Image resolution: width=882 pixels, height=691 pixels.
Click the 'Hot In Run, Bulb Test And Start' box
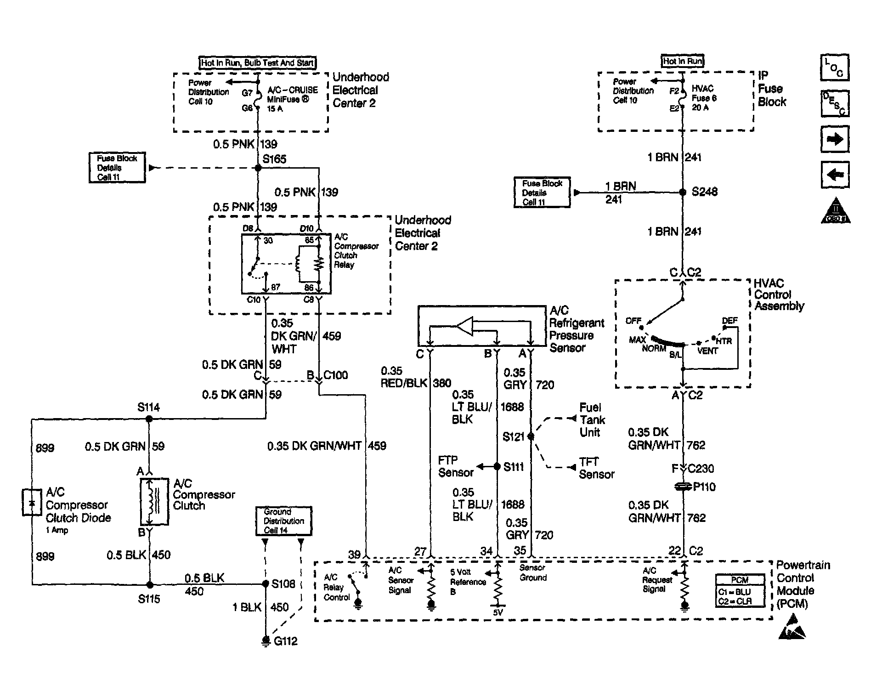click(x=257, y=63)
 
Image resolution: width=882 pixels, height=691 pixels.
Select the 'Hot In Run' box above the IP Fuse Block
click(x=683, y=61)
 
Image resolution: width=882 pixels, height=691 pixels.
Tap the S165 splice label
click(x=274, y=159)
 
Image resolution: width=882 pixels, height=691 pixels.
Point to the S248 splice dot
click(x=683, y=193)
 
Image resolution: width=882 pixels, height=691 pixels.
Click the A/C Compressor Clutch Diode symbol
click(x=32, y=503)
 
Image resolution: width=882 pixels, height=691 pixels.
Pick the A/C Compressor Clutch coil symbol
click(x=154, y=502)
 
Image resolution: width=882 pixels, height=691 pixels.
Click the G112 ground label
click(x=285, y=641)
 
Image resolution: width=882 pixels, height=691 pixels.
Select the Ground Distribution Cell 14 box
click(x=283, y=521)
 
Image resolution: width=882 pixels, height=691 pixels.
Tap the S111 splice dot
click(x=497, y=467)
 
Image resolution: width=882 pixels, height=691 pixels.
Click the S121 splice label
click(x=513, y=436)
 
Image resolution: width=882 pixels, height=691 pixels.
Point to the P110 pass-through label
click(x=704, y=487)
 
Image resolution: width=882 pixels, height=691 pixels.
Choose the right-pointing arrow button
click(x=835, y=139)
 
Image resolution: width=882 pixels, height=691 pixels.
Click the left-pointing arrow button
click(x=835, y=175)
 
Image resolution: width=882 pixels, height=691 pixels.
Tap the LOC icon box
click(x=835, y=68)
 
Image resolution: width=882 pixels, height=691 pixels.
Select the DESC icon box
click(x=835, y=103)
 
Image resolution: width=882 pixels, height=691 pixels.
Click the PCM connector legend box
click(x=740, y=590)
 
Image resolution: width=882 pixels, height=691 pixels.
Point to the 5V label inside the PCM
click(x=498, y=612)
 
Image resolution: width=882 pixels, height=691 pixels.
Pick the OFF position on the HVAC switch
click(x=633, y=321)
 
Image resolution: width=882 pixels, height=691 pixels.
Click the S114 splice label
click(x=148, y=407)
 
